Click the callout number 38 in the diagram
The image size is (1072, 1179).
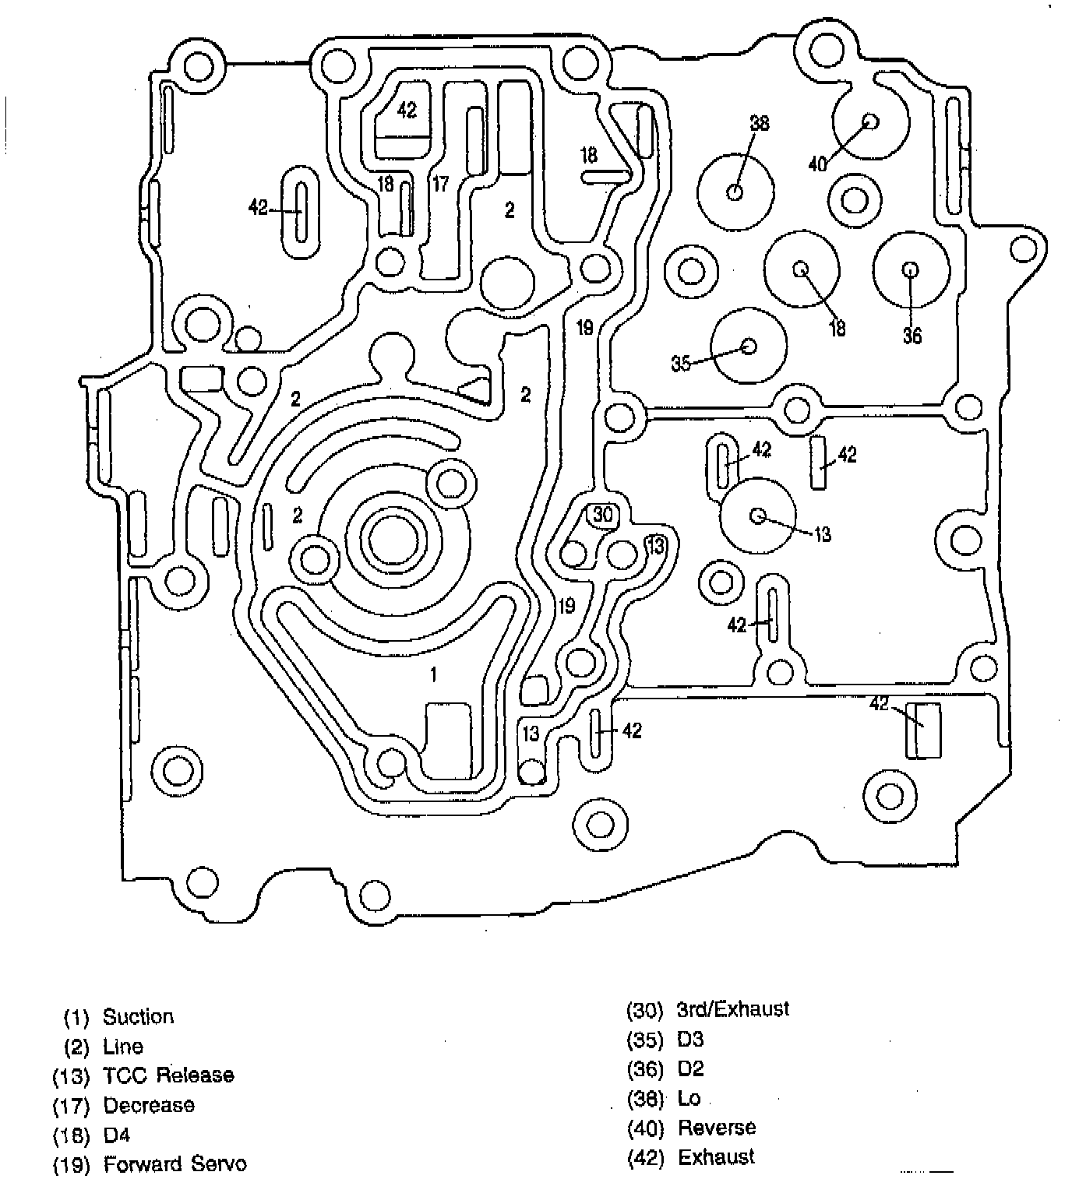[759, 122]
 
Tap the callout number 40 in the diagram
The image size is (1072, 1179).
[817, 164]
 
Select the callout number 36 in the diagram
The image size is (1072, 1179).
[912, 336]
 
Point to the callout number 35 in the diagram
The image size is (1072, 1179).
[681, 363]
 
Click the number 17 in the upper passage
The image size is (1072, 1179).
[440, 185]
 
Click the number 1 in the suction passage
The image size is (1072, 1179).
[434, 674]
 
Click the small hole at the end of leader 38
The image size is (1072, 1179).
[735, 192]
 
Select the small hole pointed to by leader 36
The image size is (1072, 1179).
[910, 269]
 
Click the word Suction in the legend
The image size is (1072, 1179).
[138, 1017]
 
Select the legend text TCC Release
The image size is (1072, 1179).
[168, 1075]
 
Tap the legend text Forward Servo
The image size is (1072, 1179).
[175, 1164]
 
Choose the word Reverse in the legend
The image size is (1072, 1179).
[717, 1128]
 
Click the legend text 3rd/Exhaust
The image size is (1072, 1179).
[733, 1009]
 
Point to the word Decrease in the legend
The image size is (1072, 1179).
[149, 1105]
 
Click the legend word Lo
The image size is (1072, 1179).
[689, 1098]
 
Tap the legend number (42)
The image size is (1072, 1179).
[645, 1157]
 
